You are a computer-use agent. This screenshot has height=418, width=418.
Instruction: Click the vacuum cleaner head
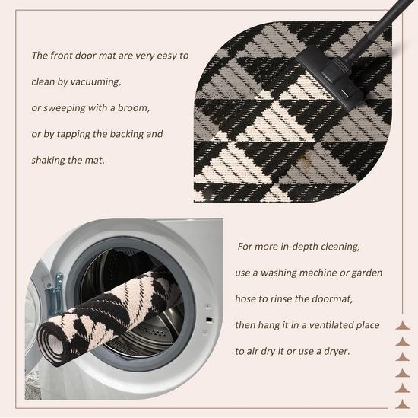pos(331,78)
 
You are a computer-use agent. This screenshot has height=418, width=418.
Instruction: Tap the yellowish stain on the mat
pos(304,159)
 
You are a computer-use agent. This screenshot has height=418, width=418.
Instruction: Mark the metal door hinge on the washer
pos(55,292)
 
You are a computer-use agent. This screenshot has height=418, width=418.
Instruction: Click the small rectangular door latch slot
pos(210,320)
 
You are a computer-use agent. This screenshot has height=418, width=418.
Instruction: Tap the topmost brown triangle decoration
pos(402,326)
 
